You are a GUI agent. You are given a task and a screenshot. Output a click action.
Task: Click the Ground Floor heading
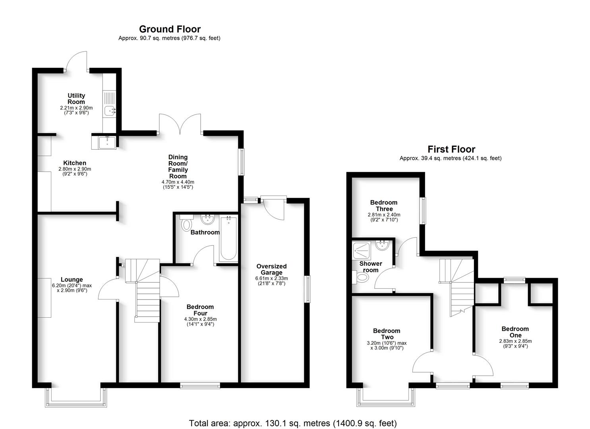[x=170, y=29]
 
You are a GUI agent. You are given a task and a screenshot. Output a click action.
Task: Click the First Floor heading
[x=451, y=149]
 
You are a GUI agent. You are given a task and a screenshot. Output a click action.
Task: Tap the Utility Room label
[x=76, y=99]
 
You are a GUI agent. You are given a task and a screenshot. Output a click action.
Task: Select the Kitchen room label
[x=75, y=163]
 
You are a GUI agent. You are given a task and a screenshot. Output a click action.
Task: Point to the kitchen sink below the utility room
[x=104, y=142]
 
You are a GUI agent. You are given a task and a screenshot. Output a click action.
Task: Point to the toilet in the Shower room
[x=361, y=278]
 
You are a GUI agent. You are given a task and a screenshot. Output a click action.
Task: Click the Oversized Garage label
[x=271, y=269]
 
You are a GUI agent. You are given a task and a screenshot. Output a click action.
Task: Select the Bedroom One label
[x=515, y=332]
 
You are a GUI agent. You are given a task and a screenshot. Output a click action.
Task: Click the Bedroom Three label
[x=384, y=205]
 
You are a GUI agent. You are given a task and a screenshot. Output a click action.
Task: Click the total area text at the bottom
[x=293, y=423]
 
